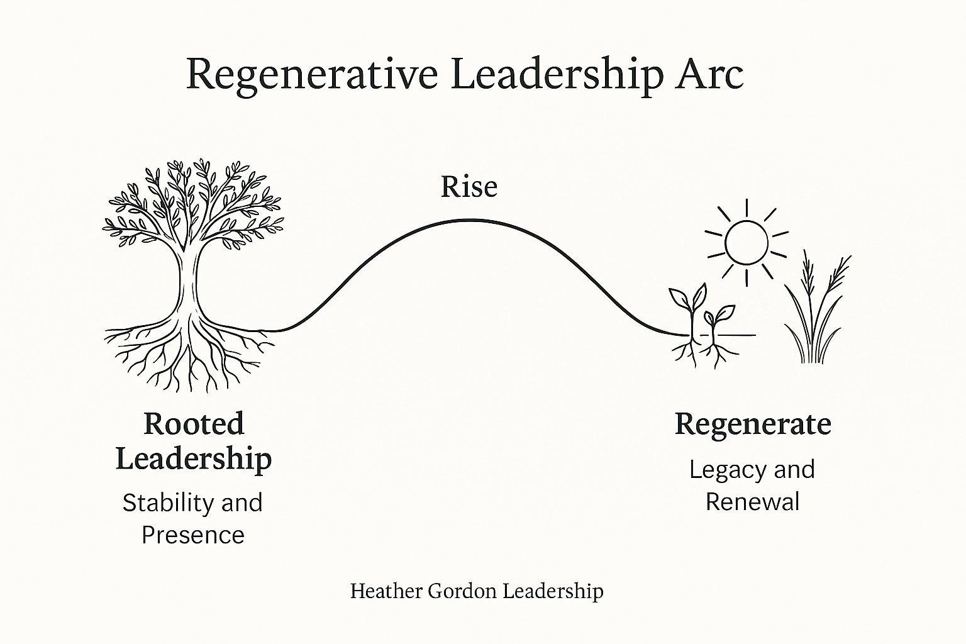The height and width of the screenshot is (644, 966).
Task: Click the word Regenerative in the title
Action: tap(312, 75)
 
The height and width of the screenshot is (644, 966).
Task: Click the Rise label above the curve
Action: tap(469, 187)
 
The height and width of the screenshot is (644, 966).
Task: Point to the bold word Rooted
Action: tap(194, 424)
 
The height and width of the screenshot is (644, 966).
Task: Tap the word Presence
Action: tap(193, 535)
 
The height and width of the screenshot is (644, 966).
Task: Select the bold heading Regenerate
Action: tap(753, 425)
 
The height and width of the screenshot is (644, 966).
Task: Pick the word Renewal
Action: tap(752, 502)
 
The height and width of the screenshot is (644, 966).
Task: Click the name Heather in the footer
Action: tap(385, 591)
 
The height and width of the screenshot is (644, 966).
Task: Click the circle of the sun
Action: tap(747, 241)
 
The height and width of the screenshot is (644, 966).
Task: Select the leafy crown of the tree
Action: tap(192, 201)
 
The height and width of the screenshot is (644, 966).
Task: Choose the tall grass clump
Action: tap(814, 314)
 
